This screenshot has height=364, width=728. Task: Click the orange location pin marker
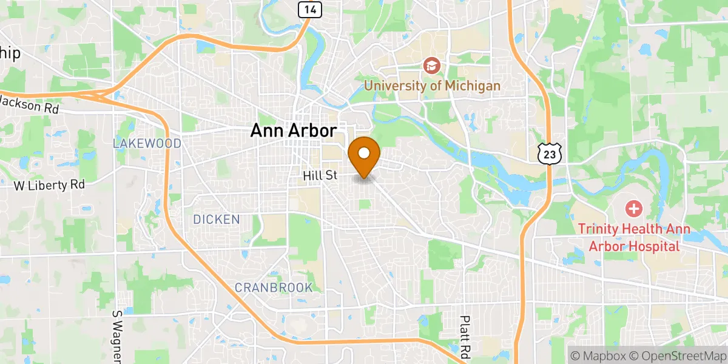point(364,157)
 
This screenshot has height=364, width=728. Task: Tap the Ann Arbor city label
point(293,130)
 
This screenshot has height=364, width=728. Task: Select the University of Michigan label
point(432,86)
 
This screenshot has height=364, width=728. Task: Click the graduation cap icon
point(432,65)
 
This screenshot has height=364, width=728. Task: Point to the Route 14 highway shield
point(310,8)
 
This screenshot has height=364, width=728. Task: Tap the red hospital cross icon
point(634,210)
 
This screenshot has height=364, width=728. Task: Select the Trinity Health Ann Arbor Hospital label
point(629,237)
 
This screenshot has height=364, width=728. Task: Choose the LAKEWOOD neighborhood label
point(147,144)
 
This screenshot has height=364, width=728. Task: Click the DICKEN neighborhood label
point(217,220)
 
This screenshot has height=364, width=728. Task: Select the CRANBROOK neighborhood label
point(274,287)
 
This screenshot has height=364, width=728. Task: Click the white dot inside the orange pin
point(364,153)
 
